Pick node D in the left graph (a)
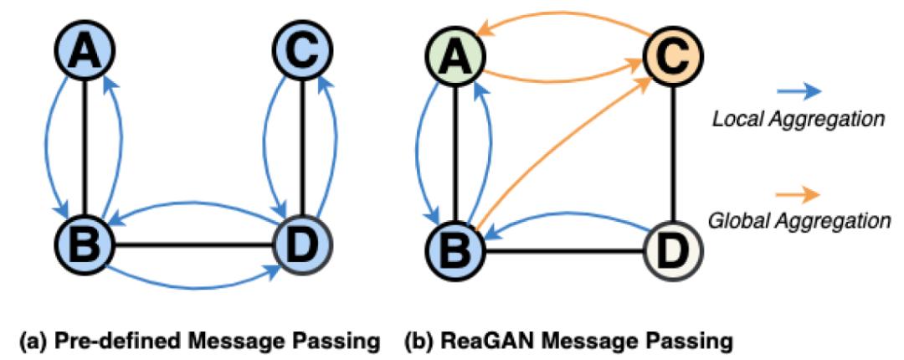300,245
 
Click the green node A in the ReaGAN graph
451,59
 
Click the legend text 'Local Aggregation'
798,120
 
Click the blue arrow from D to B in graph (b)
569,216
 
